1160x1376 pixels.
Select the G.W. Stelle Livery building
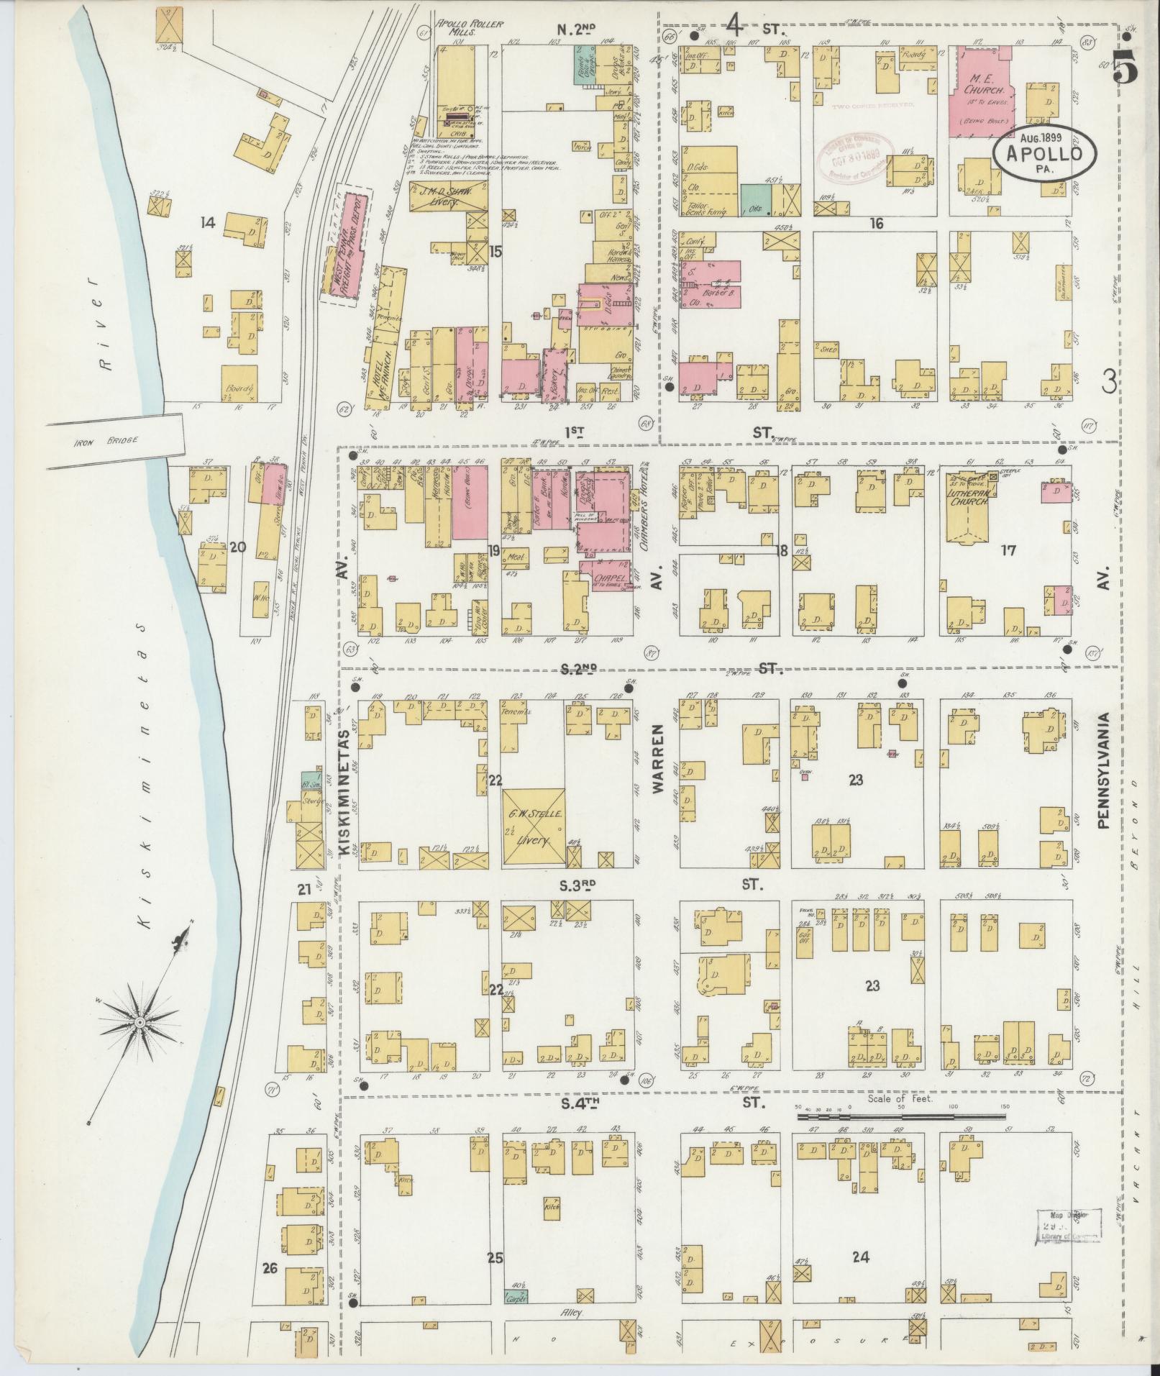[x=534, y=826]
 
